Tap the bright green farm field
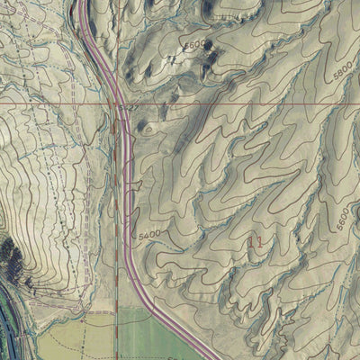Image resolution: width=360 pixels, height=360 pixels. click(x=153, y=337)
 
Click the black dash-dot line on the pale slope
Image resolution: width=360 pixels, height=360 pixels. click(x=54, y=225)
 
